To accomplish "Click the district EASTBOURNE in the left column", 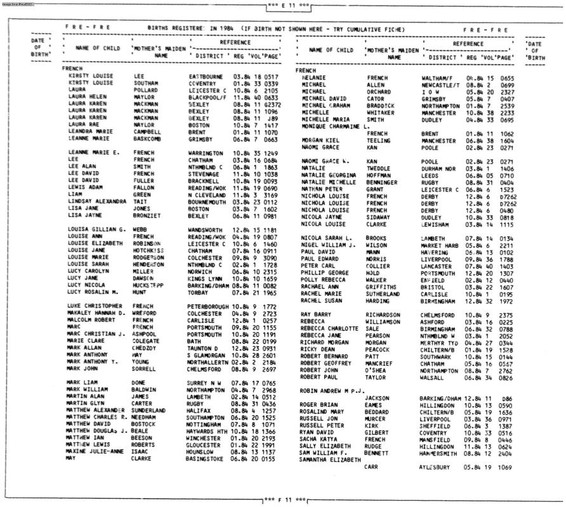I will (206, 75).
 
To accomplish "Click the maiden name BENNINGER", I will (385, 182).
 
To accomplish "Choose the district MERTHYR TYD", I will (438, 342).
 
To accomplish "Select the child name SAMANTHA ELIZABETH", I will (331, 459).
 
